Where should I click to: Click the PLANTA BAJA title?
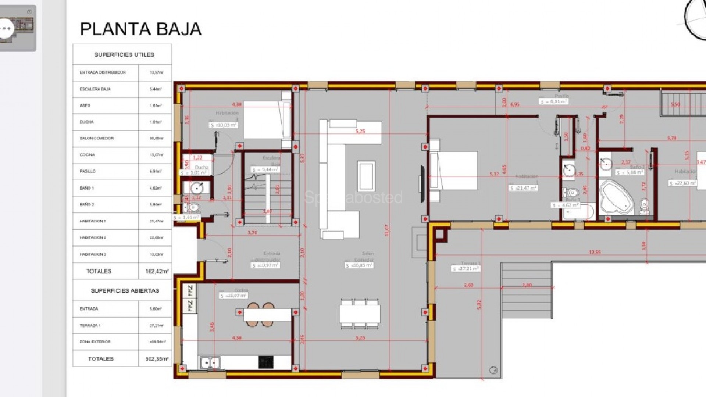pos(141,29)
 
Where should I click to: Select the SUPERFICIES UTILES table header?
pos(124,55)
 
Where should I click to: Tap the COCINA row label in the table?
pos(87,155)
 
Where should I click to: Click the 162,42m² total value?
pos(157,271)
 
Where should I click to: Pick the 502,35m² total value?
pos(157,359)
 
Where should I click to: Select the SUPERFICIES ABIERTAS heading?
pos(125,291)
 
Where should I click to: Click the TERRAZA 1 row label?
pos(90,325)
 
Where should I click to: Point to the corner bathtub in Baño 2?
pos(616,198)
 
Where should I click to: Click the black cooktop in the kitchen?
pos(266,362)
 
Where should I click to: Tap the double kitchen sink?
pos(210,363)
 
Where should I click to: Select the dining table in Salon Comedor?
pos(359,314)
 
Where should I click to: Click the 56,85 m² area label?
pos(359,265)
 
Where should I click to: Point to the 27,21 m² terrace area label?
pos(466,269)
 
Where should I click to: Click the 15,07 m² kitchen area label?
pos(233,296)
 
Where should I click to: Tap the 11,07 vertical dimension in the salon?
pos(386,230)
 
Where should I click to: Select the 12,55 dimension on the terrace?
pos(595,252)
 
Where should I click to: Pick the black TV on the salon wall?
pos(422,184)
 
